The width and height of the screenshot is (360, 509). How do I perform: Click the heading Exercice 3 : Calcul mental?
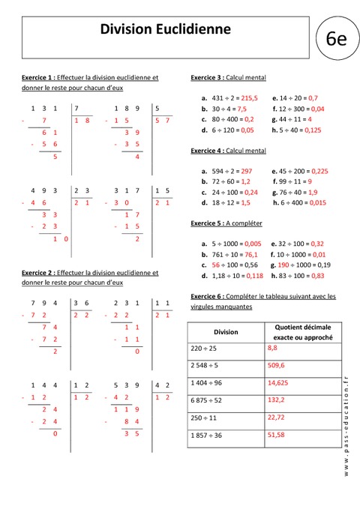[228, 77]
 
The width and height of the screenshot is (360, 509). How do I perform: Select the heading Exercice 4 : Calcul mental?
[228, 150]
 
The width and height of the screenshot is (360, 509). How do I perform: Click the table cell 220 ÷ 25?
[205, 349]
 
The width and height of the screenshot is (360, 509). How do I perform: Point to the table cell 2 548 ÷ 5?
[206, 366]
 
